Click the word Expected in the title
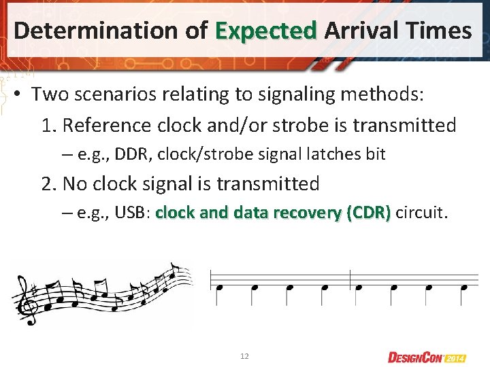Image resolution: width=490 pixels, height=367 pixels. coord(266,31)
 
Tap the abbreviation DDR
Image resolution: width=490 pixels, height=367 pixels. coord(133,155)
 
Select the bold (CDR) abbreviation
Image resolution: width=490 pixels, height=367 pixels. coord(368,213)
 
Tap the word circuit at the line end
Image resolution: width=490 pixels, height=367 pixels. coord(421,213)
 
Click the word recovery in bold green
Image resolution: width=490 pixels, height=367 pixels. coord(306,213)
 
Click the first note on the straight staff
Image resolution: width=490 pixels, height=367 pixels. coord(219,287)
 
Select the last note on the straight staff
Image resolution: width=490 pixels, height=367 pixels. coord(464,287)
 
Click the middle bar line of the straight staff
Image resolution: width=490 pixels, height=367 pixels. coord(350,279)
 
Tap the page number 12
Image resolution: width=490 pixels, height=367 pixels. coord(245,356)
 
